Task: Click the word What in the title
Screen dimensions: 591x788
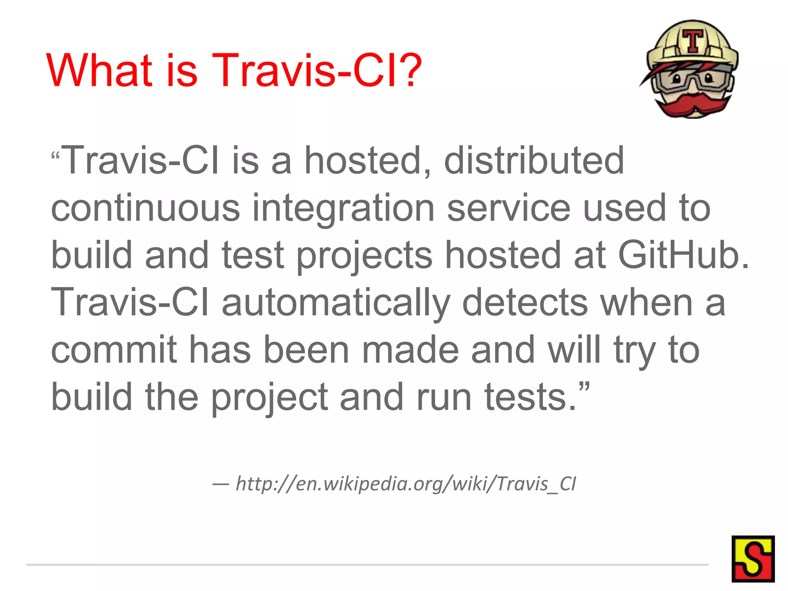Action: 100,70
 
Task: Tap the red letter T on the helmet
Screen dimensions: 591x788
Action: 693,41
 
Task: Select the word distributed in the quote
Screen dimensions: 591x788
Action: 534,160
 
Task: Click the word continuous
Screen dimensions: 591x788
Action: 145,208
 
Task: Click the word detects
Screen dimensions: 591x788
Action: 525,303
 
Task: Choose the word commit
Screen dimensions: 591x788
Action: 114,350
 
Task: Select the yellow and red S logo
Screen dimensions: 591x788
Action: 753,559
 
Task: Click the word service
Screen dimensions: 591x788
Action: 508,208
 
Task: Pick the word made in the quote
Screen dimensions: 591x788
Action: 410,350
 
